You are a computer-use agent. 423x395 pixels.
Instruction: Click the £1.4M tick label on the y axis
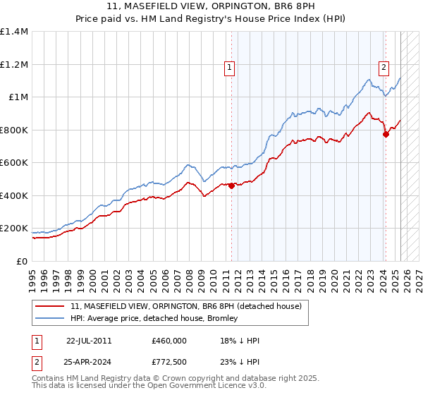[14, 32]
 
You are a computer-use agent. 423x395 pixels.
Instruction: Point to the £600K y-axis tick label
[14, 163]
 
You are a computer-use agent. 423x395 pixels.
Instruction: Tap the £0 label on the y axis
[21, 262]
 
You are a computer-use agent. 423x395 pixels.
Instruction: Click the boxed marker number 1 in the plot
[230, 68]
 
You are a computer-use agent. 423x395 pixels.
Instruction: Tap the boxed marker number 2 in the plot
[384, 68]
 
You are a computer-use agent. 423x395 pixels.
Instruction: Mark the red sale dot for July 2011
[232, 186]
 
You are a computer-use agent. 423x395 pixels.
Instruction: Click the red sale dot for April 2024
[386, 135]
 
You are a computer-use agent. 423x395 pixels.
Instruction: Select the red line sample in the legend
[50, 306]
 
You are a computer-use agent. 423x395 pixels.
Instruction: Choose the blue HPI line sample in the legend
[50, 318]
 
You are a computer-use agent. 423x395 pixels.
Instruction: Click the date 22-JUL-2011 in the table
[89, 340]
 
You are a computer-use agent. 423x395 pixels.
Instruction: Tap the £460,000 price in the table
[169, 340]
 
